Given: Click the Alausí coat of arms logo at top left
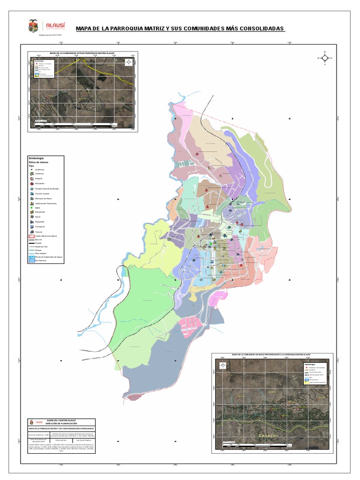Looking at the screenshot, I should coord(33,25).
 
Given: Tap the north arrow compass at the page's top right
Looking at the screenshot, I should coord(324,58).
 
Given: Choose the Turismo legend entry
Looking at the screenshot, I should coord(37,232).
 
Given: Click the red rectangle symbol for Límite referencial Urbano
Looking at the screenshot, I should coord(31,237).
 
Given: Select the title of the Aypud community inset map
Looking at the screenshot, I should coord(82,54).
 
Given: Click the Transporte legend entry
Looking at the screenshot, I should coord(39,227).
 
